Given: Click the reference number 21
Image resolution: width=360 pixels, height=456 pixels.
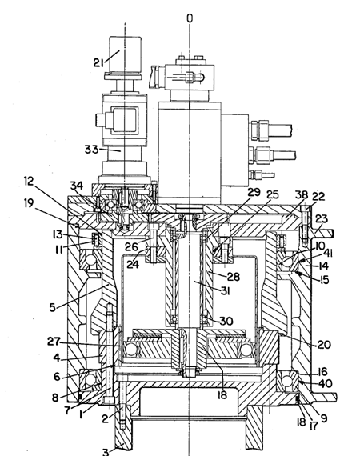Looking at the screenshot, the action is coord(98,62).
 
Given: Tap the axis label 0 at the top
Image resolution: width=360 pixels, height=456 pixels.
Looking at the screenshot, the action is coord(190,18).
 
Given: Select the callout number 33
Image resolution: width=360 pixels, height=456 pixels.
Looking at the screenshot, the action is coord(91,150).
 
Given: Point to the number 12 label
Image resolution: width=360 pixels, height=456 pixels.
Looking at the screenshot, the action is coord(29,181).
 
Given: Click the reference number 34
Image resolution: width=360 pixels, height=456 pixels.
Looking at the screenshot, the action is coord(77,186).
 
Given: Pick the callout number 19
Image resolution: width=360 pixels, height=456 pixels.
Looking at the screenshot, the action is coord(29,203).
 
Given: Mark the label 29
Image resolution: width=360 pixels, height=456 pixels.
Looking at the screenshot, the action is coord(254,192).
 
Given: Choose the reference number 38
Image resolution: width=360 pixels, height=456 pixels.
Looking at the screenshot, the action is coord(302,194).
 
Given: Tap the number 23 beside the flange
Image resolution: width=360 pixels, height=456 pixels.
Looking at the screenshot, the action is coord(322,218).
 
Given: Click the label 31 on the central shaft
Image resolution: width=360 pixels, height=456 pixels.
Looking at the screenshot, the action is coord(226,290).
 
